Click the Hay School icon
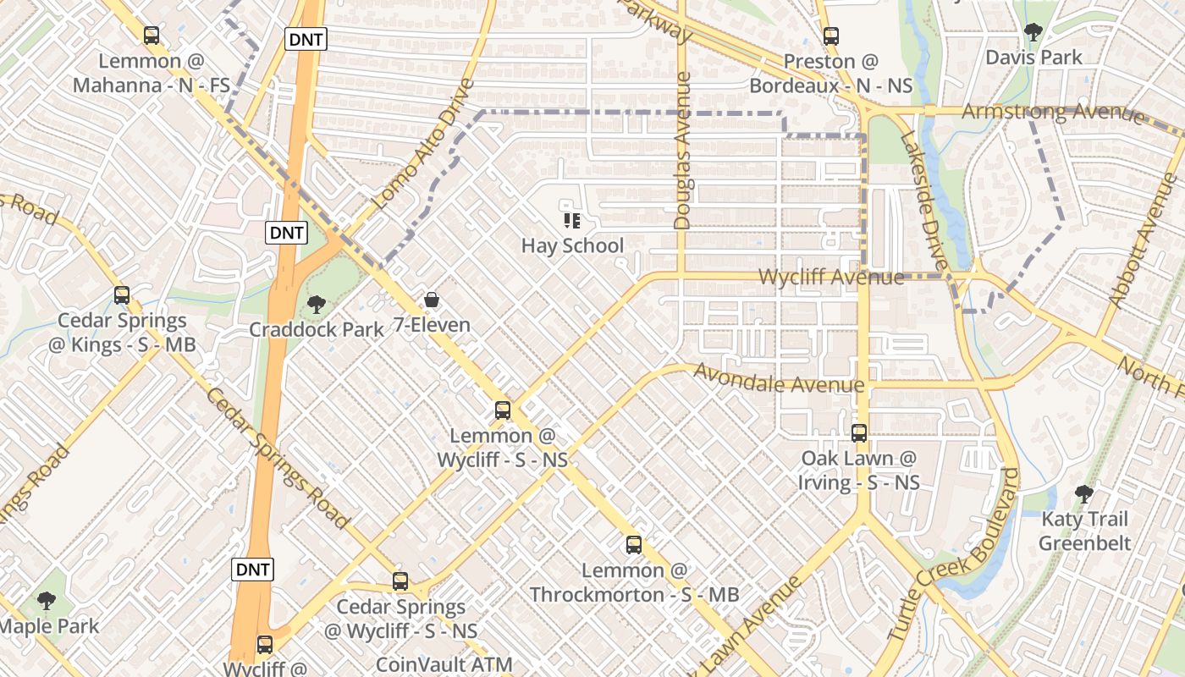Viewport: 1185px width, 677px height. (572, 221)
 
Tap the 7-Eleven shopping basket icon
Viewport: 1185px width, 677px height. (432, 300)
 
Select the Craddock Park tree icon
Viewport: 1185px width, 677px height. (317, 304)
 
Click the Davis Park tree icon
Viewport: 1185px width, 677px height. (1033, 32)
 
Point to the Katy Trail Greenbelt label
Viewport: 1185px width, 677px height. (1084, 531)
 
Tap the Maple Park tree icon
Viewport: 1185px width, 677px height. (47, 601)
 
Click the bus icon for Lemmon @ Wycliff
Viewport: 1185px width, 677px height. (503, 410)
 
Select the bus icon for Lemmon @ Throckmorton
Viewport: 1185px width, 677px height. (634, 545)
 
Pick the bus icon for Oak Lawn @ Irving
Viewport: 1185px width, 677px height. (859, 433)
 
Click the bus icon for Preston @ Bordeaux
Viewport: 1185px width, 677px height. (831, 36)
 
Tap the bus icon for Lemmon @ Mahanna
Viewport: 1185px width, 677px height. (152, 36)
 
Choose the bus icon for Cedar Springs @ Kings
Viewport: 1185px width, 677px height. (122, 295)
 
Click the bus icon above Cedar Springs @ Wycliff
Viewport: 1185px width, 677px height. (400, 581)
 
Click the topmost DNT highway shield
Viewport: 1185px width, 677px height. (306, 38)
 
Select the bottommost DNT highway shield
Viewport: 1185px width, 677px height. (252, 570)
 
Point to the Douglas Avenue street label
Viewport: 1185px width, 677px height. (683, 151)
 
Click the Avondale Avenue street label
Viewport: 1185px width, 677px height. (779, 378)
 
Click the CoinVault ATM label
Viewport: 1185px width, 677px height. (444, 665)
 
